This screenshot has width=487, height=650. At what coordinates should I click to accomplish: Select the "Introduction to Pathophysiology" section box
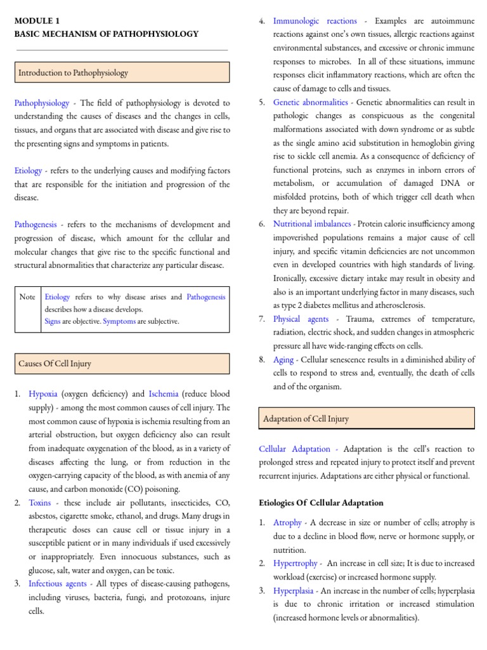pyautogui.click(x=122, y=73)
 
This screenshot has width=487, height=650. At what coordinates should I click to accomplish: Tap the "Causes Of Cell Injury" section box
pyautogui.click(x=122, y=364)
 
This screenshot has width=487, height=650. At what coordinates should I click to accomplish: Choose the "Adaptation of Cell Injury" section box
pyautogui.click(x=367, y=419)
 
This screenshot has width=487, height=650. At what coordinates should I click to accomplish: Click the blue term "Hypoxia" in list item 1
pyautogui.click(x=43, y=394)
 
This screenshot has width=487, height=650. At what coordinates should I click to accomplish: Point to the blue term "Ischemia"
pyautogui.click(x=164, y=394)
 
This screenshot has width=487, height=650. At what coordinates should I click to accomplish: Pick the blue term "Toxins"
pyautogui.click(x=40, y=503)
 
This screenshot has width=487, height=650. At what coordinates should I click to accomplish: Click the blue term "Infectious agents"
pyautogui.click(x=58, y=583)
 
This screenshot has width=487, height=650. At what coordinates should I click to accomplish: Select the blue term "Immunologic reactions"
pyautogui.click(x=315, y=21)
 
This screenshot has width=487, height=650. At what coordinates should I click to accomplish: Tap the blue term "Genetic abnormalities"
pyautogui.click(x=311, y=102)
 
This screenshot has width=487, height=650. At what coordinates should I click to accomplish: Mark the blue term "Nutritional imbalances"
pyautogui.click(x=312, y=224)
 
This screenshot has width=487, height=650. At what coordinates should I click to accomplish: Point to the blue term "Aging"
pyautogui.click(x=283, y=360)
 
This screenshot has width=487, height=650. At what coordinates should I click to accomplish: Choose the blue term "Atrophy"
pyautogui.click(x=287, y=522)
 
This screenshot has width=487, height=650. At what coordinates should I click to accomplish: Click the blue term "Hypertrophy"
pyautogui.click(x=295, y=563)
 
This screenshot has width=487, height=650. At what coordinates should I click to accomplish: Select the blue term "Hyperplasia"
pyautogui.click(x=294, y=591)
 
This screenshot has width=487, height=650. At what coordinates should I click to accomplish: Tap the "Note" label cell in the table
pyautogui.click(x=27, y=297)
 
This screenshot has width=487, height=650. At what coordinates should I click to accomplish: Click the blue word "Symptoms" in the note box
pyautogui.click(x=119, y=321)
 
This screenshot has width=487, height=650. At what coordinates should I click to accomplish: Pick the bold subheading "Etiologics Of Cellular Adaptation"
pyautogui.click(x=321, y=503)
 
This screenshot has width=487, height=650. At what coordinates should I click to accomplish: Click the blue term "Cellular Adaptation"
pyautogui.click(x=295, y=449)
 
